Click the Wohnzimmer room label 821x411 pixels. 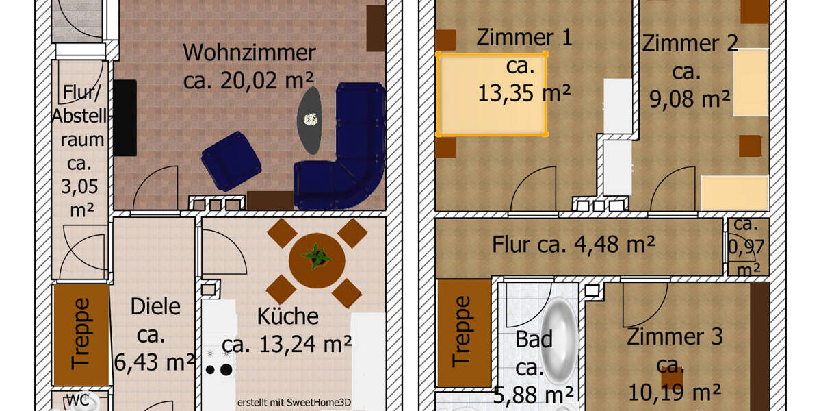(249, 53)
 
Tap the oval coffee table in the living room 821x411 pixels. (311, 120)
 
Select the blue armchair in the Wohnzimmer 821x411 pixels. (231, 160)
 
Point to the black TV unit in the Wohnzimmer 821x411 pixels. (125, 117)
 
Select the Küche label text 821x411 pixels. (287, 316)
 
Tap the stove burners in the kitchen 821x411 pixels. (218, 363)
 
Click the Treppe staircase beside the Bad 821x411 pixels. (464, 332)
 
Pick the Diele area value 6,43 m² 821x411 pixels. (155, 362)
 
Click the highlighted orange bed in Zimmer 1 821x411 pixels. (491, 94)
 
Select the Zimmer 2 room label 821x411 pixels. (690, 44)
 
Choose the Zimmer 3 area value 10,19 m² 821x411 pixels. (674, 392)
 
